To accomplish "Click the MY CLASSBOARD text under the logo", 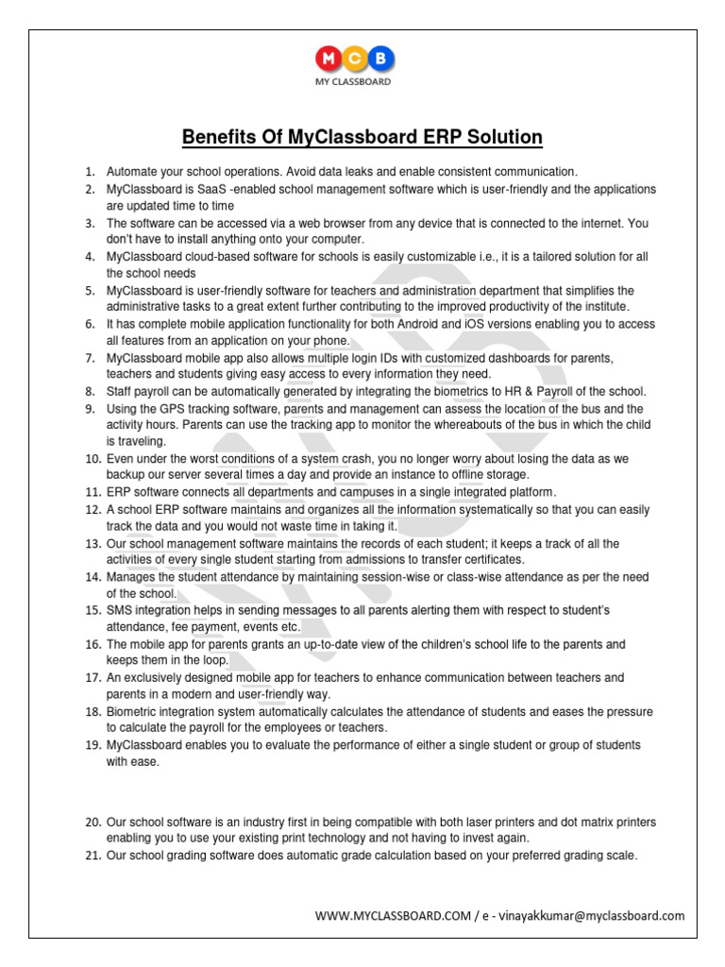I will (x=353, y=82).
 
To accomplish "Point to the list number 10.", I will (x=93, y=458).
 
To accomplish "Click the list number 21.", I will (x=93, y=856).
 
